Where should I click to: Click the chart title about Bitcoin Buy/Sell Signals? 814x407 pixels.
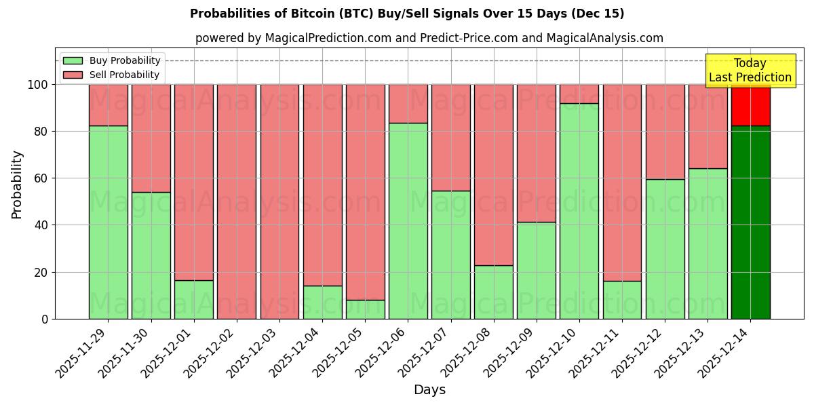407,14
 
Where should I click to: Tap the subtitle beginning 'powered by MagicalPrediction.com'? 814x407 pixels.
429,38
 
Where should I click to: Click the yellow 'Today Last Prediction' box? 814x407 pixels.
750,71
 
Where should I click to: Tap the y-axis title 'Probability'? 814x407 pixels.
17,185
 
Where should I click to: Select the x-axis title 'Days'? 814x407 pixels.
429,390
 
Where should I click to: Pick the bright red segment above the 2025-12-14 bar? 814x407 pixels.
750,105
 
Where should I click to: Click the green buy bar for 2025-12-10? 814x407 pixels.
579,211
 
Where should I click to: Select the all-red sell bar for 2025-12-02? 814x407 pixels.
237,201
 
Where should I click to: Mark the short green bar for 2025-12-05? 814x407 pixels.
365,309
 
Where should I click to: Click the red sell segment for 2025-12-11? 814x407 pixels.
622,182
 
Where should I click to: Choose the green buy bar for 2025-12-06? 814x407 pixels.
408,221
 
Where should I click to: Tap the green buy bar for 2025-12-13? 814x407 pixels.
708,244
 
